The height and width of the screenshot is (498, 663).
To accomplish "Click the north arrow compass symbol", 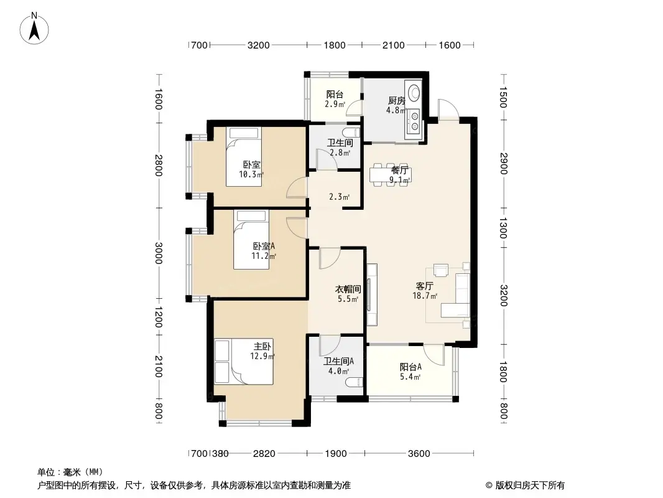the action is [x=34, y=29].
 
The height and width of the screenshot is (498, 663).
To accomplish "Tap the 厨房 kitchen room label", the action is [x=397, y=101].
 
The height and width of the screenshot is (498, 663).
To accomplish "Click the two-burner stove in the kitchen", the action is [x=413, y=121].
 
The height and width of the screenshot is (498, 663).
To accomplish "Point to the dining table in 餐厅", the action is [x=390, y=175].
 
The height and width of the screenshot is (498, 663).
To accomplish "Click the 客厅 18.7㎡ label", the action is [x=425, y=291].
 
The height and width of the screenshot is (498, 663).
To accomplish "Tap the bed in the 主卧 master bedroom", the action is [x=244, y=362].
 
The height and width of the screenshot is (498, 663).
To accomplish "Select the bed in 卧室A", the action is [x=251, y=240].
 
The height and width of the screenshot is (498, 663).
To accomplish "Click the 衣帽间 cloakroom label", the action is [x=348, y=289].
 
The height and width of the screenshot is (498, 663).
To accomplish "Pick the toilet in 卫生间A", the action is [x=355, y=382].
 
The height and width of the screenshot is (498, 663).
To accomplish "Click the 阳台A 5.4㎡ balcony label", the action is [x=410, y=372].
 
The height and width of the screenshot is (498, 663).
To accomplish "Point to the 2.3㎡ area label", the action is [x=339, y=197].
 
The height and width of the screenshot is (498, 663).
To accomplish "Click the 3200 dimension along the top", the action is [x=258, y=45].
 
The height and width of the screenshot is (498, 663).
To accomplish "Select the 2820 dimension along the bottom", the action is [x=264, y=454].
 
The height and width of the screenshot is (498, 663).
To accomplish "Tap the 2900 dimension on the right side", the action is [x=503, y=162].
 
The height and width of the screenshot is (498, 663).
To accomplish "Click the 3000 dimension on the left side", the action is [x=159, y=253].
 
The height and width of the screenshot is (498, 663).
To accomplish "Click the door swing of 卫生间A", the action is [x=330, y=345].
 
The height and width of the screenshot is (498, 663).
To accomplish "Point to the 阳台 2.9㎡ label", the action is [x=335, y=99].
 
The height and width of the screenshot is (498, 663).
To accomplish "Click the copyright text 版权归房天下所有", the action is [x=530, y=486].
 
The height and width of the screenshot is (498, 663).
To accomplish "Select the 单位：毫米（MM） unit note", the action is [x=70, y=472].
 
